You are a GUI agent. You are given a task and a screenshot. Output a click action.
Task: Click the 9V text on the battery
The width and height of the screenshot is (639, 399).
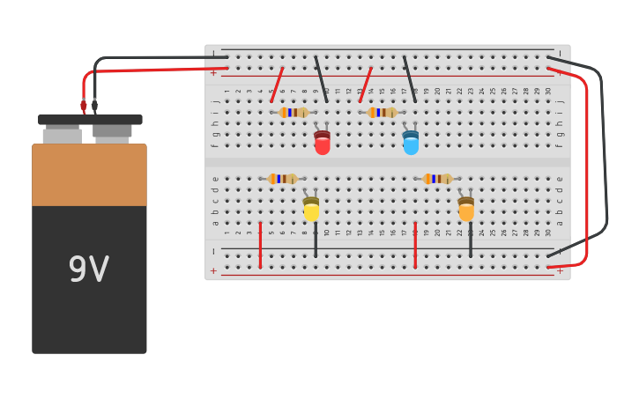pyautogui.click(x=89, y=270)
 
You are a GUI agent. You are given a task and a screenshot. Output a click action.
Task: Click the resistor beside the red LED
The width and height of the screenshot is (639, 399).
pyautogui.click(x=293, y=113)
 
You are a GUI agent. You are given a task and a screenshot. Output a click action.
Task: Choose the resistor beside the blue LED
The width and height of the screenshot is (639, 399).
pyautogui.click(x=383, y=113)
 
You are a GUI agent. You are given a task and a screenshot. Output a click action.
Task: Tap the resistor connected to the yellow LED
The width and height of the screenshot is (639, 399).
pyautogui.click(x=283, y=179)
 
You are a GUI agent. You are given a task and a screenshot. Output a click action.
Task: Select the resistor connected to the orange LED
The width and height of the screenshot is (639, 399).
pyautogui.click(x=437, y=179)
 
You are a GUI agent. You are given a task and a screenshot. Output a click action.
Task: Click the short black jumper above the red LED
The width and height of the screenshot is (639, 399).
pyautogui.click(x=321, y=79)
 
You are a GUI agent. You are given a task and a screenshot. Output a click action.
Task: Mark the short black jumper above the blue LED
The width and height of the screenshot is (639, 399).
pyautogui.click(x=410, y=79)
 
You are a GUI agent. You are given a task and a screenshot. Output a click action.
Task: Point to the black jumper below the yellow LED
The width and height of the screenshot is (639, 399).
pyautogui.click(x=316, y=240)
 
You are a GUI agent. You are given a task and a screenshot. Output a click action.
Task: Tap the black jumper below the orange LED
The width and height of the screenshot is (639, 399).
pyautogui.click(x=471, y=240)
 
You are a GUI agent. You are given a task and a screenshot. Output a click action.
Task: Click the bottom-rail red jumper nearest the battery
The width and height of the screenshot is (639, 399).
pyautogui.click(x=260, y=245)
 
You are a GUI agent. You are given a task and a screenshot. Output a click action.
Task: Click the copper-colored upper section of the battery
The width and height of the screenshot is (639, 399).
pyautogui.click(x=89, y=174)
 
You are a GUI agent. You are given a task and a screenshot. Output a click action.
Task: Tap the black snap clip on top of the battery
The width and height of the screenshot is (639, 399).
pyautogui.click(x=90, y=119)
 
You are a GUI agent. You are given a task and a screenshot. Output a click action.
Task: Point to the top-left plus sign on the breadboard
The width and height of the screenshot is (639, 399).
pyautogui.click(x=213, y=72)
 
